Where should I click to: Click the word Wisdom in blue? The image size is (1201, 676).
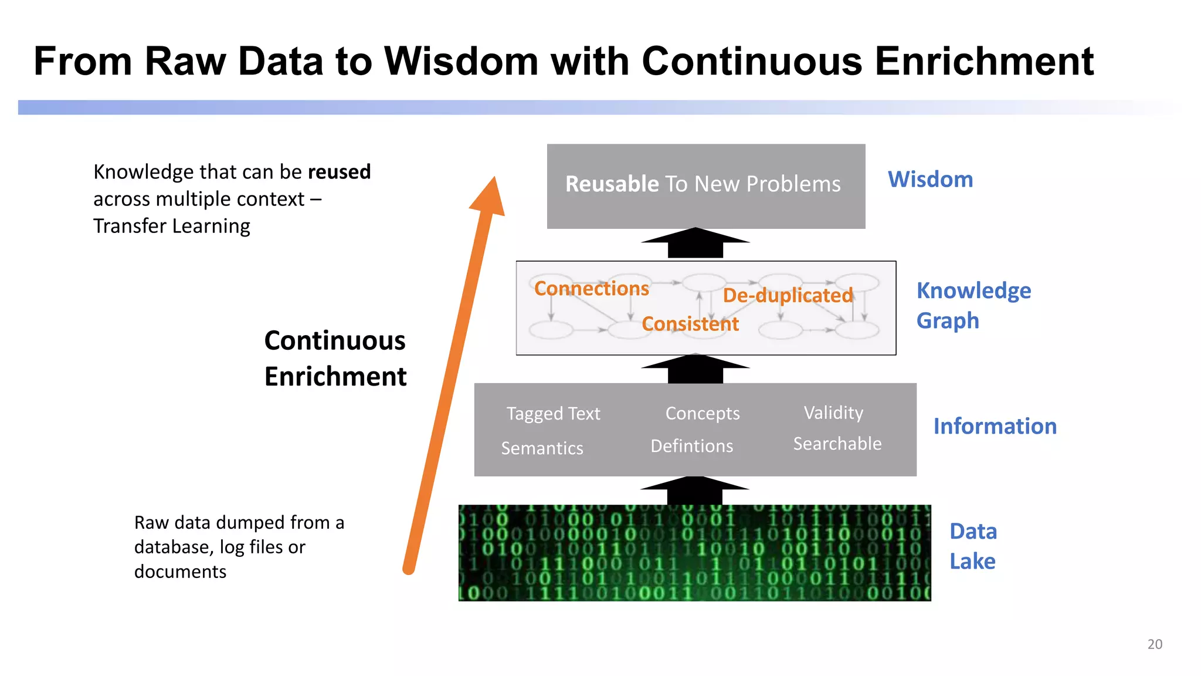tap(930, 180)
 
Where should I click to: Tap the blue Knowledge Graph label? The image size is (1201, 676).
tap(973, 305)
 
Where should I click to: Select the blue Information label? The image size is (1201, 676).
tap(995, 426)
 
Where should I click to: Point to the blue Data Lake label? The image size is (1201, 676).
tap(973, 546)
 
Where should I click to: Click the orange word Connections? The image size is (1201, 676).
tap(591, 288)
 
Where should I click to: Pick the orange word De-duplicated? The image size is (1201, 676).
tap(787, 295)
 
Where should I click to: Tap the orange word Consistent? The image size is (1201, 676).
tap(690, 324)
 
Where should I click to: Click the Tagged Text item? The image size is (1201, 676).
tap(553, 414)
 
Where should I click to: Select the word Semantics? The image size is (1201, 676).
tap(542, 448)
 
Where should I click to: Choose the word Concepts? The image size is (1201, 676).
tap(702, 414)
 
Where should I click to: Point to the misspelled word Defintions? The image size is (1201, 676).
tap(691, 446)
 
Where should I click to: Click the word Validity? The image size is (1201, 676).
tap(833, 413)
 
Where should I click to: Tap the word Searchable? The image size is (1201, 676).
tap(837, 444)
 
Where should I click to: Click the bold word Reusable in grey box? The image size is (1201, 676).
tap(612, 184)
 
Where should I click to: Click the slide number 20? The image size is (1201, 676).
tap(1154, 644)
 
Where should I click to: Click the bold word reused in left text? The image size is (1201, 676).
tap(339, 172)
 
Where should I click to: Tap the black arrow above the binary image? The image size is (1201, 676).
tap(695, 489)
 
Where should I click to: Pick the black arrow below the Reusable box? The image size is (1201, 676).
tap(695, 243)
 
